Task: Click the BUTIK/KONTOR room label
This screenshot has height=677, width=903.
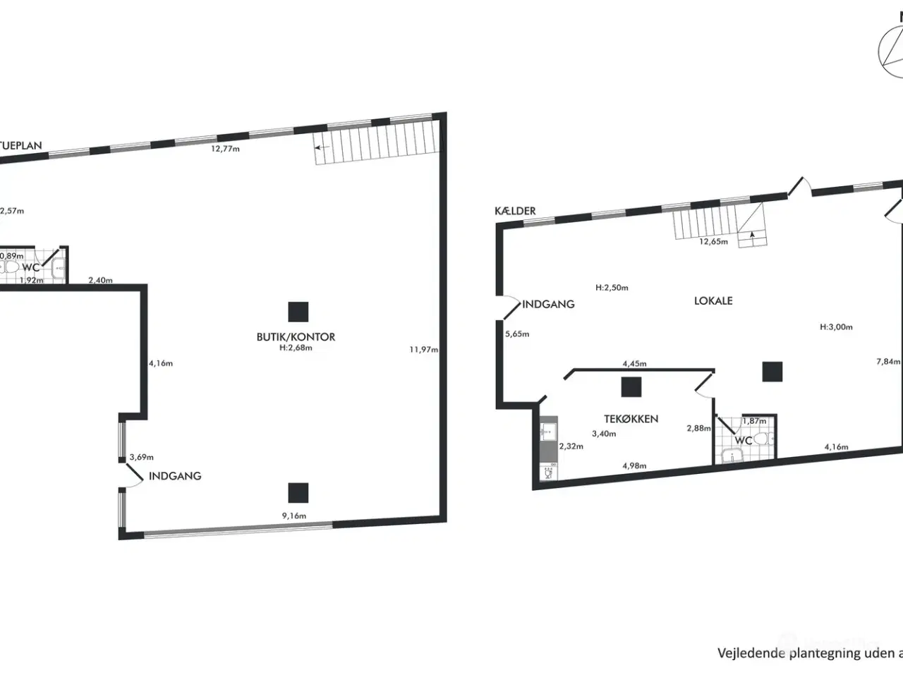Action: pyautogui.click(x=296, y=336)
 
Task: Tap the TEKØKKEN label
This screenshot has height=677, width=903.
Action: pyautogui.click(x=631, y=418)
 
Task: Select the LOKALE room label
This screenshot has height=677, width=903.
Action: pyautogui.click(x=713, y=300)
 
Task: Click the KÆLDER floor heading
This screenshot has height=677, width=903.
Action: pyautogui.click(x=515, y=210)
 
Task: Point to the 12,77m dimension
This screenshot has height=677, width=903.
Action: pyautogui.click(x=226, y=149)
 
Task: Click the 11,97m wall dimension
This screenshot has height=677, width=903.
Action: pyautogui.click(x=424, y=349)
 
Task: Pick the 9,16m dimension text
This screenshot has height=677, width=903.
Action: pyautogui.click(x=294, y=516)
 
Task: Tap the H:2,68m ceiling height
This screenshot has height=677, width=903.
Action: pyautogui.click(x=296, y=347)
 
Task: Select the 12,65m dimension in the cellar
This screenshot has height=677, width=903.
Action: pyautogui.click(x=713, y=241)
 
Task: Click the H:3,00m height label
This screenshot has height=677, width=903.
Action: pyautogui.click(x=836, y=327)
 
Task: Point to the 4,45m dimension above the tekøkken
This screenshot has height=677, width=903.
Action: pyautogui.click(x=634, y=364)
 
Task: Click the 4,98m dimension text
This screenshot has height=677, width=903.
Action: pyautogui.click(x=635, y=465)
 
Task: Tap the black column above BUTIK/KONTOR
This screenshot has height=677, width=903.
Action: pyautogui.click(x=298, y=312)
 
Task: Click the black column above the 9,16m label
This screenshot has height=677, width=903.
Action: pyautogui.click(x=298, y=492)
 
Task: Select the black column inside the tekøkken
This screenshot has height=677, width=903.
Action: pyautogui.click(x=631, y=387)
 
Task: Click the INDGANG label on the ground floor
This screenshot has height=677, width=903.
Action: pyautogui.click(x=175, y=476)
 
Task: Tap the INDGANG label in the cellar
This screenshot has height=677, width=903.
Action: pyautogui.click(x=548, y=304)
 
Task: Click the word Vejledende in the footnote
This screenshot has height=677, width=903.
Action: pyautogui.click(x=751, y=652)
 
